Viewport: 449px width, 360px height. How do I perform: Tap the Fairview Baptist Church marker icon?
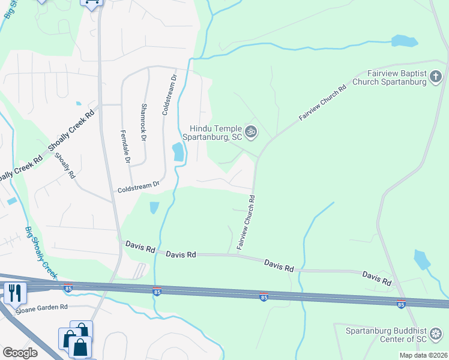point(437,77)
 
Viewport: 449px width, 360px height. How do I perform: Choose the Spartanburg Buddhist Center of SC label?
point(387,334)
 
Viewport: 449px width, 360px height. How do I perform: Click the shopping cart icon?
point(91,3)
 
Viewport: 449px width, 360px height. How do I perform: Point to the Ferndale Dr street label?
point(125,147)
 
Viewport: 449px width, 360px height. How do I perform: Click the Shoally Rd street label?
point(64,166)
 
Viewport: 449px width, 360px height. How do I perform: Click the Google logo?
point(20,353)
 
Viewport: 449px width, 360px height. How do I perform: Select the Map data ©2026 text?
point(423,355)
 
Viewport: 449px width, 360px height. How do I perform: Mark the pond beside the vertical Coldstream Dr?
point(178,152)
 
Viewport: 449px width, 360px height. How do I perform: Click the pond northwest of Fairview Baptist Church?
point(404,41)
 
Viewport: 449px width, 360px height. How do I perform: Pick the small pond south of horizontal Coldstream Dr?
point(154,208)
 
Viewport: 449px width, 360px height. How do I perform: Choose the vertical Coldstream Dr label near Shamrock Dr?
point(169,95)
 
